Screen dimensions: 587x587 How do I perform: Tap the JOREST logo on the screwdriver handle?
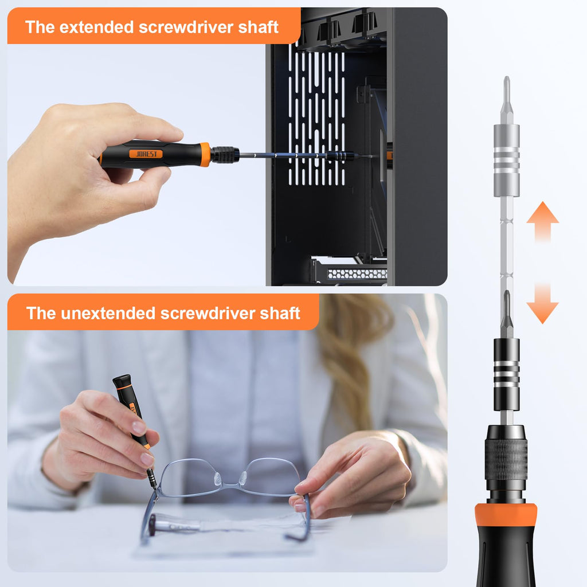[x=146, y=154]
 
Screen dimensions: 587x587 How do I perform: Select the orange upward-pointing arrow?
[x=542, y=221]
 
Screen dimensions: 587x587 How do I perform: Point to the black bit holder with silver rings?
[x=506, y=374]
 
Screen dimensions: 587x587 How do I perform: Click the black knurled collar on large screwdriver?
[x=506, y=459]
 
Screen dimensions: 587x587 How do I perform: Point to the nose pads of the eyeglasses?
[x=229, y=478]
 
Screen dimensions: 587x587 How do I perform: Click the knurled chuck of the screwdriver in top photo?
[x=225, y=155]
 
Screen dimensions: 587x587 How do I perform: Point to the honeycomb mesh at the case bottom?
[x=355, y=274]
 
